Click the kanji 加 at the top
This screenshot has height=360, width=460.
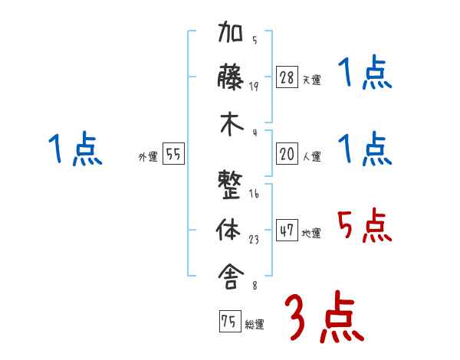(232, 35)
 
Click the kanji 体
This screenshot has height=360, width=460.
(232, 231)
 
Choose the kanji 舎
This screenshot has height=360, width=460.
(232, 273)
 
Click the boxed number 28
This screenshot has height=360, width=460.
(287, 77)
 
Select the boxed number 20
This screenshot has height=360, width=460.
(287, 154)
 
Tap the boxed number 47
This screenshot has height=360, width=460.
(287, 231)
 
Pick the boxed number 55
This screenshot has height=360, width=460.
(173, 154)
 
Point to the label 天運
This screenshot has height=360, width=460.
(311, 80)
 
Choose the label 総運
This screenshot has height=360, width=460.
(255, 325)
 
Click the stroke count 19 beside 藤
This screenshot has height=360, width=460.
(254, 86)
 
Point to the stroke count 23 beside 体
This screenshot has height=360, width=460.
(254, 240)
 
